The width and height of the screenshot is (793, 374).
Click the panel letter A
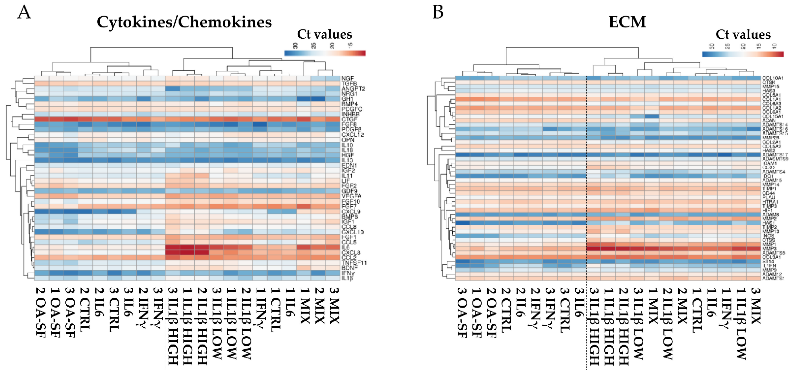coord(24,13)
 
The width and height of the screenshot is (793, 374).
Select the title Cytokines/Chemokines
coord(184,22)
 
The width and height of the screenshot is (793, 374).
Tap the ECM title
coord(627,22)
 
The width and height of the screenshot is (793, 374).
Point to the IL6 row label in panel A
coord(345,247)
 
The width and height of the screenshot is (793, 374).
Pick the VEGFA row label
coord(351,196)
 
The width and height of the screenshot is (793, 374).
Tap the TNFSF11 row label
coord(354,263)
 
